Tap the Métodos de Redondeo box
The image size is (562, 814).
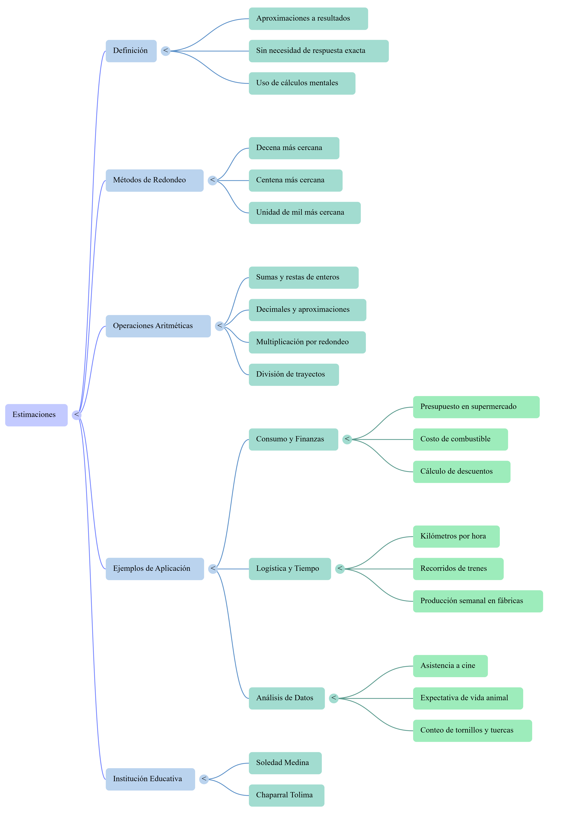pos(155,181)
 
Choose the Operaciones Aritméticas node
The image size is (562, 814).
pos(158,326)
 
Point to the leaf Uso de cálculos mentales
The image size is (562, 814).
pos(302,83)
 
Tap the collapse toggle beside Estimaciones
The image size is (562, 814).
pos(76,415)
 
